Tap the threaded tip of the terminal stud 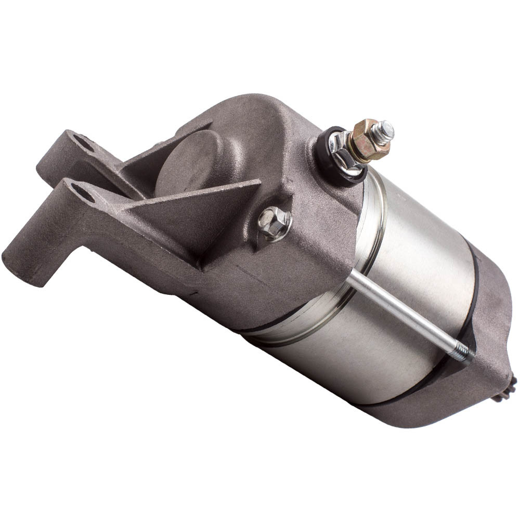coord(385,128)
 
